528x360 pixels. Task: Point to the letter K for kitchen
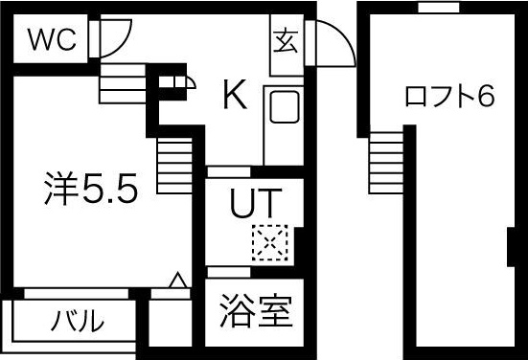(x=236, y=94)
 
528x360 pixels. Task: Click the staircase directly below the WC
(x=122, y=82)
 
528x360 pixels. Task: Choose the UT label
(x=254, y=203)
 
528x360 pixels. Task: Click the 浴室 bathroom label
(x=255, y=312)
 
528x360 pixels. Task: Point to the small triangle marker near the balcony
(x=176, y=281)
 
